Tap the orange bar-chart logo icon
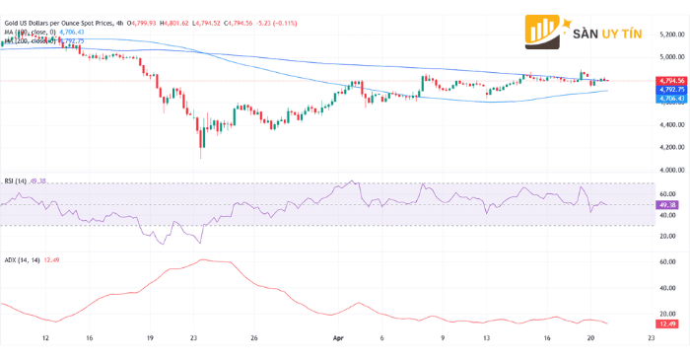click(x=544, y=32)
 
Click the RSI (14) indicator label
click(x=16, y=181)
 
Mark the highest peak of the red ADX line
click(x=201, y=260)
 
